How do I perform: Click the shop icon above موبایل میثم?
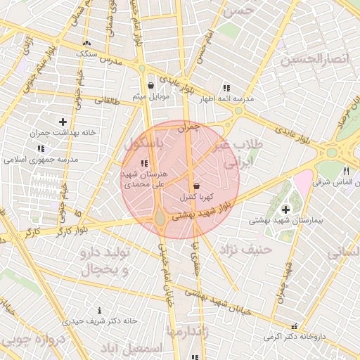click(150, 85)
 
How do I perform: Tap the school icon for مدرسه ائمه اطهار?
click(226, 88)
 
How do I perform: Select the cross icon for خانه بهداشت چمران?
click(63, 122)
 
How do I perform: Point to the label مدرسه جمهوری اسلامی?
click(44, 160)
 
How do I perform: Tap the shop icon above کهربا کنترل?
click(195, 186)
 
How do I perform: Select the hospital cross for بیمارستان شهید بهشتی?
click(285, 210)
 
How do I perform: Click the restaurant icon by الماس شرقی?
click(345, 171)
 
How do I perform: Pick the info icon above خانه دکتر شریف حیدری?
click(99, 310)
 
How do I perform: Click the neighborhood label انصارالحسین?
click(314, 58)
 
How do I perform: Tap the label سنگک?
click(87, 53)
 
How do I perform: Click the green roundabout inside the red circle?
click(161, 219)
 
